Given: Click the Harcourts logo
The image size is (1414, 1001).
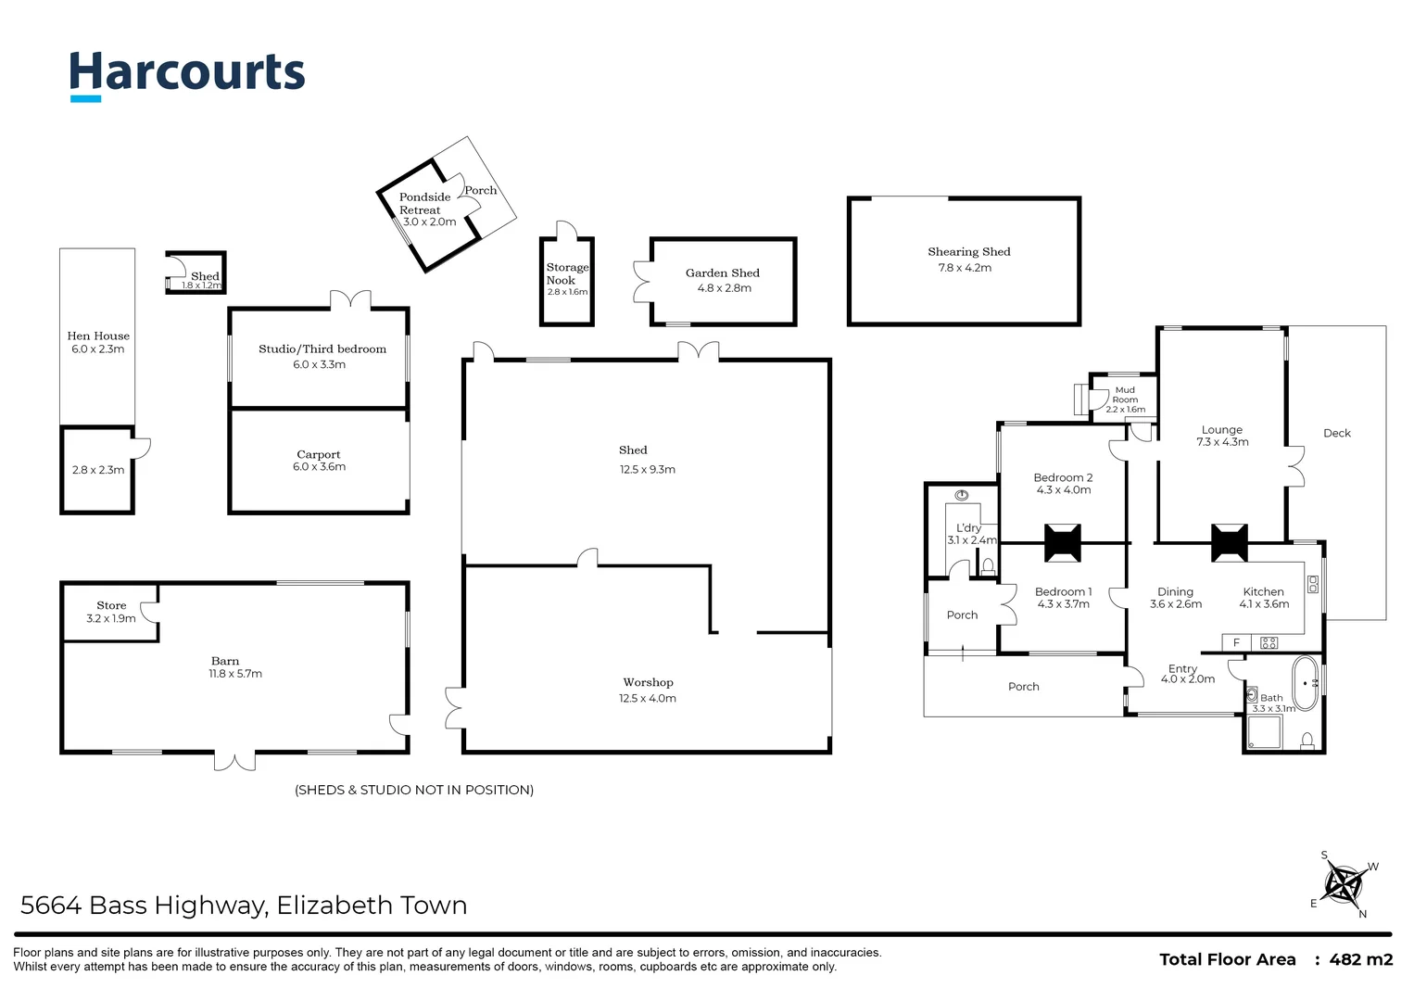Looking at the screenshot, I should tap(187, 73).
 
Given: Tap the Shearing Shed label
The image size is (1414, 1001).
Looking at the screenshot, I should tap(968, 252).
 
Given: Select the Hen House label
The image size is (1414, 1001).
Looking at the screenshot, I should tap(98, 336).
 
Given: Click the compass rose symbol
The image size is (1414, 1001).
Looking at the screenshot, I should tap(1344, 884).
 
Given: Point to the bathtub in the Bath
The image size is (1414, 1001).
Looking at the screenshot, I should tap(1306, 684).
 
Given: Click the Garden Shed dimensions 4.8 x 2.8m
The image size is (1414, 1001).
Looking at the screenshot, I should tap(724, 288).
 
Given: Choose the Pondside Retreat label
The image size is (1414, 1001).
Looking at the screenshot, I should tap(423, 203).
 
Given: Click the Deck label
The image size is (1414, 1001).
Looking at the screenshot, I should tap(1336, 433).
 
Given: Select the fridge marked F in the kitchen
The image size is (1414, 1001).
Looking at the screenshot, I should tap(1236, 642).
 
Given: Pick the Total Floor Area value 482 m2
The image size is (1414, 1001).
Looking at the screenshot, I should tap(1360, 960).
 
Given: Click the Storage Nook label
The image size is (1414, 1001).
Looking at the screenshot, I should tap(566, 273).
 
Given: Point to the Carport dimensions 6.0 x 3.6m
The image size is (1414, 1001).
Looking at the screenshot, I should tap(319, 467).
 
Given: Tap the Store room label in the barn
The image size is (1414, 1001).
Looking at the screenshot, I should tap(111, 605).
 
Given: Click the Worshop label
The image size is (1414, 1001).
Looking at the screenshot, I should tap(648, 683).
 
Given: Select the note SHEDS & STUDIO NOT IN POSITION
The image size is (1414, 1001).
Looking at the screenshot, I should tap(414, 790).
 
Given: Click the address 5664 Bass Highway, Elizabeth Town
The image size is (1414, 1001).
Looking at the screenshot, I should tap(244, 905).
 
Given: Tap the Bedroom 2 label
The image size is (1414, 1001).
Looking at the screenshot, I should tap(1063, 478).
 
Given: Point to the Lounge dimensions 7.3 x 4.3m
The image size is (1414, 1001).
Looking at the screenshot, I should tap(1222, 442).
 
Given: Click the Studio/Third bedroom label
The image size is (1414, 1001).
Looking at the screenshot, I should tap(322, 349).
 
